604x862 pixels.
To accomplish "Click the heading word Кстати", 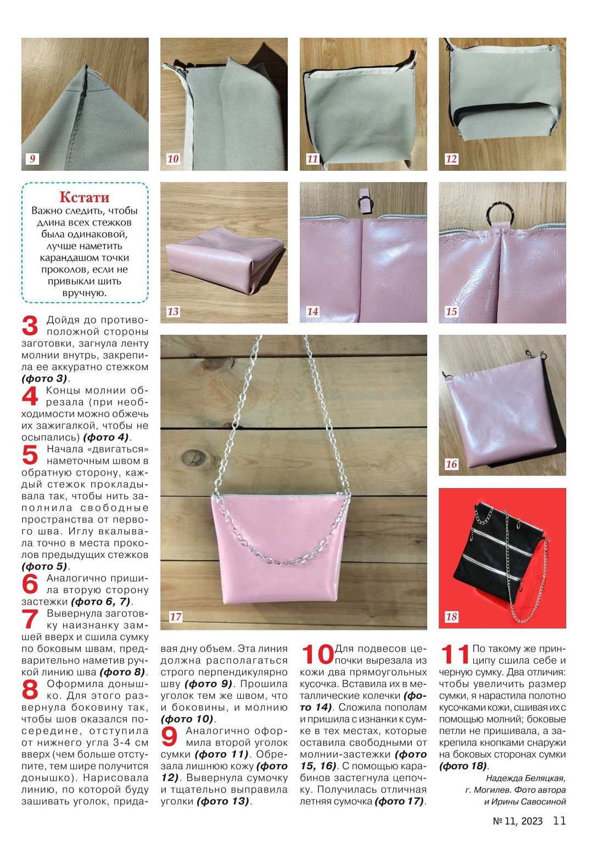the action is pos(85,197).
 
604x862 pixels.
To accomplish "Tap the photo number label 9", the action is pos(32,159).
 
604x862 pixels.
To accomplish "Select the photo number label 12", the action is pos(451,159).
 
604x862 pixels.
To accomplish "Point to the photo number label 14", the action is pos(312,311).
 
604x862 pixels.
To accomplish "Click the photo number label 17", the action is pos(176,616).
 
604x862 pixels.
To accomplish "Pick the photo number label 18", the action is pos(451,617).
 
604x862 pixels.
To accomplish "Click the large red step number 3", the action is pos(30,326).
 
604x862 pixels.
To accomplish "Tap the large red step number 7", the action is pos(30,619).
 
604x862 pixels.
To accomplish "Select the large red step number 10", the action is pos(317,654).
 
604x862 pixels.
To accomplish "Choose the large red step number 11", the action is pos(455,654).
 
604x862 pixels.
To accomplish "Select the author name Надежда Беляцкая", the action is pos(525,778).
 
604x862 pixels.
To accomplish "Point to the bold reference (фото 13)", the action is pos(222,801).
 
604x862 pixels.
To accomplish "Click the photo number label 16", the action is pos(451,464).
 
